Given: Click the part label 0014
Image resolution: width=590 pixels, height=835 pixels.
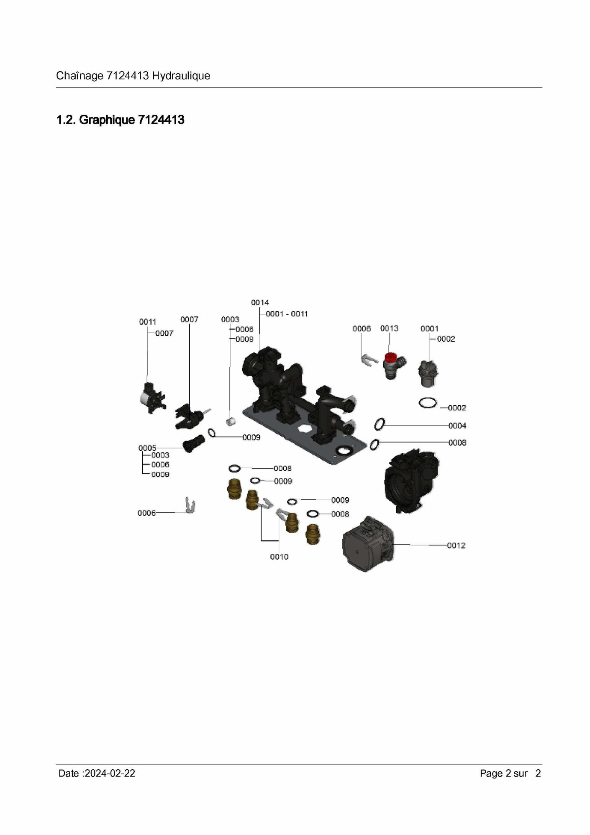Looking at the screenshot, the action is (x=260, y=303).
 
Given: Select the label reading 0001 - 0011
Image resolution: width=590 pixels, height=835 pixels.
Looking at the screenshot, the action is (x=287, y=314).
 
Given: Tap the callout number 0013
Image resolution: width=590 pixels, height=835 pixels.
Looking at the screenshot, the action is (x=389, y=329).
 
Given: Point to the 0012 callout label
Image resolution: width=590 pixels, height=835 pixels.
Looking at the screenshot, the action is (x=456, y=545).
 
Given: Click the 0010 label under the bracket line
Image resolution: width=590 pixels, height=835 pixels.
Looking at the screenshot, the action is (x=279, y=557).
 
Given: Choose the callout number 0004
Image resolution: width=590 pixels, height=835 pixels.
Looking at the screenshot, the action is (x=457, y=426).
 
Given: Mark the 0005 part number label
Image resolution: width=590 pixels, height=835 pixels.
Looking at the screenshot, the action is (x=147, y=448).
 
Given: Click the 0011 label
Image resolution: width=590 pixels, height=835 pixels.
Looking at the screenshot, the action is (x=148, y=322).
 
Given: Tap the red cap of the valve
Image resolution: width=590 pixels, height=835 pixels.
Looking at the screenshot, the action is (x=391, y=358).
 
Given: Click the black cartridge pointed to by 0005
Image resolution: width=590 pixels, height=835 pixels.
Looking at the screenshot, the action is (x=193, y=443).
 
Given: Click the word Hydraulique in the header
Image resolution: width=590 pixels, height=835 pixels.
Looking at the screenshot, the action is (x=181, y=76).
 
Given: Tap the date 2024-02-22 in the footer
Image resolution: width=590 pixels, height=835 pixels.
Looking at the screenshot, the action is (x=110, y=773).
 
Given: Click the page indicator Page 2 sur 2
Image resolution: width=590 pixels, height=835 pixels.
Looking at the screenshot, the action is (x=510, y=773).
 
